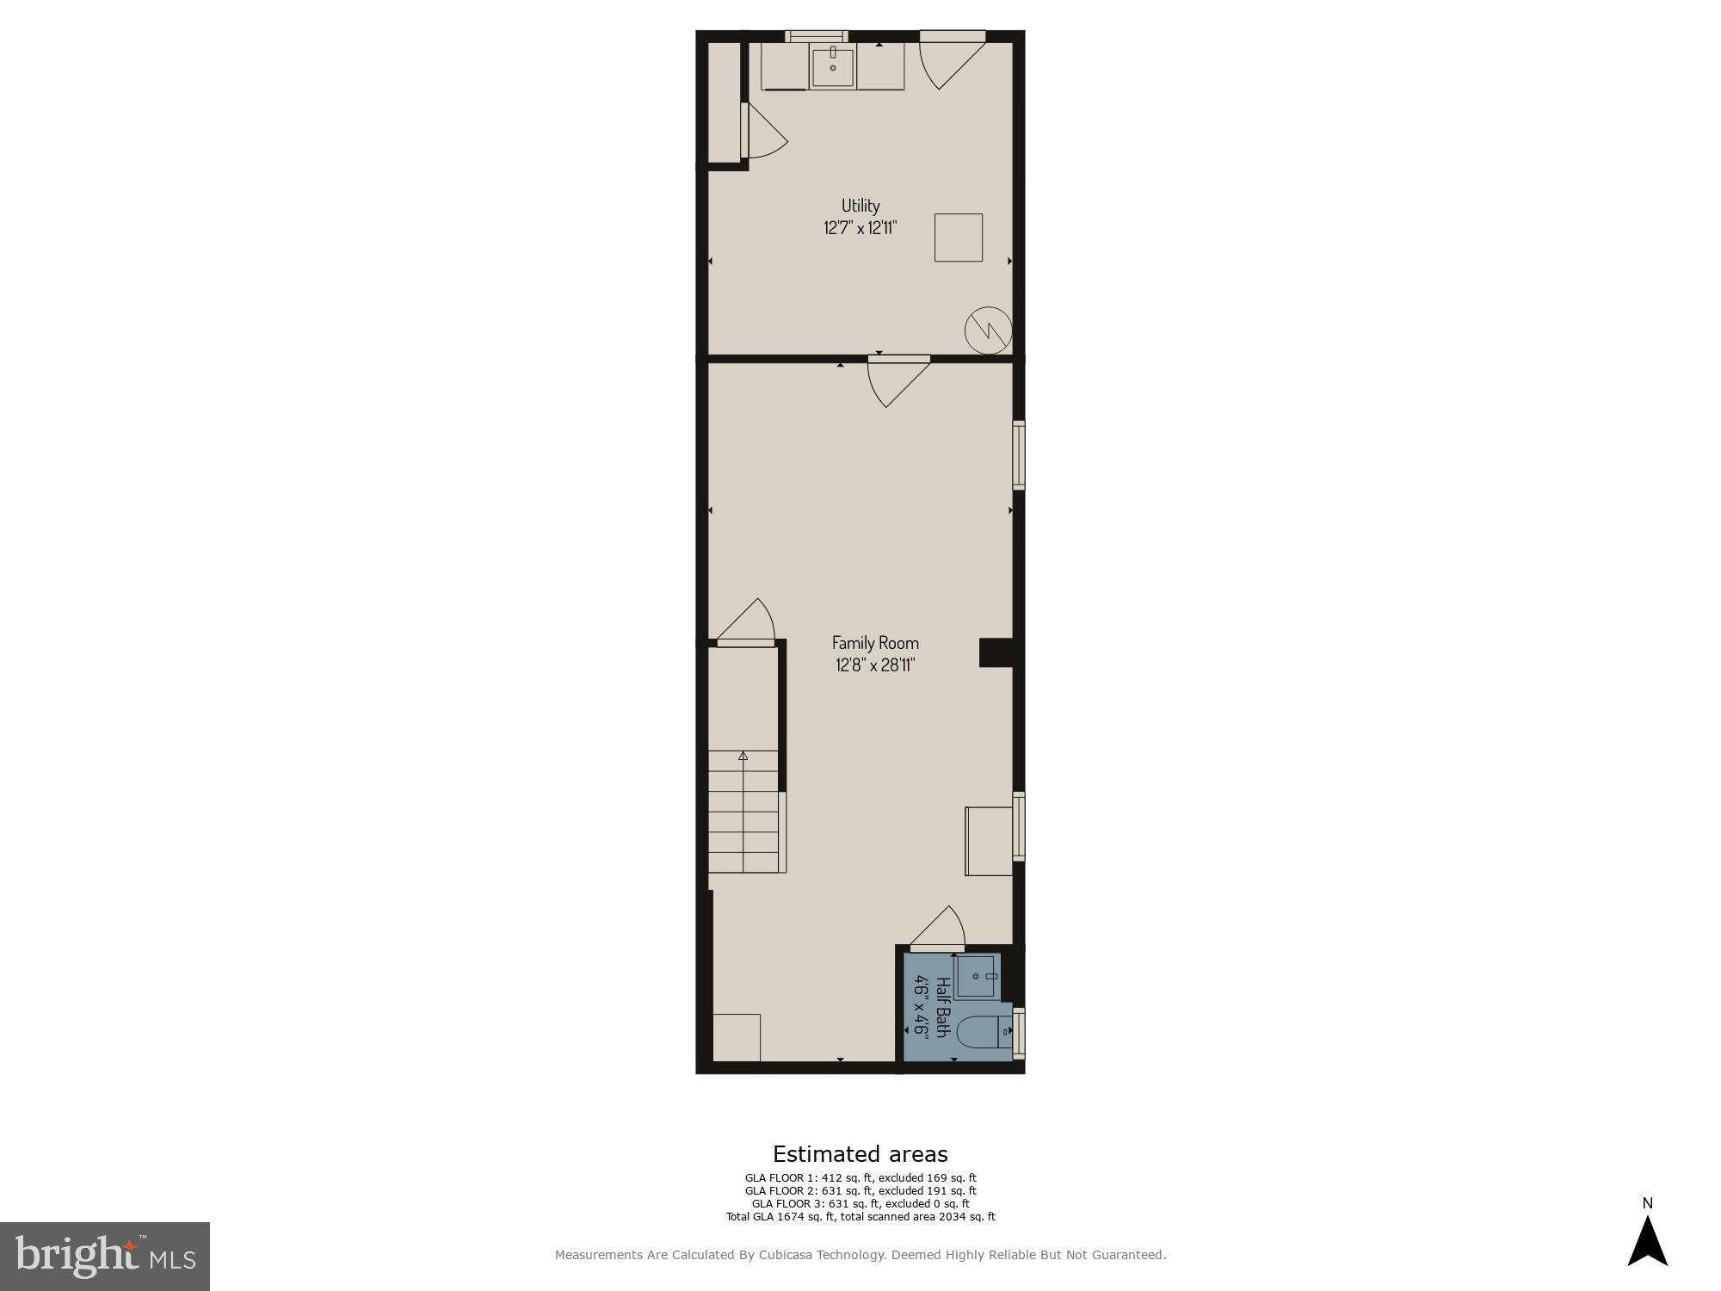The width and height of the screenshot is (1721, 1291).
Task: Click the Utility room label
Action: pos(860,206)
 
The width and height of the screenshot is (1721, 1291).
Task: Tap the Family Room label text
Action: pos(874,643)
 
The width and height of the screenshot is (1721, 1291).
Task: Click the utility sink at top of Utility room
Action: pos(833,68)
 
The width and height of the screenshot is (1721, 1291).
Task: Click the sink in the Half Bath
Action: pos(976,977)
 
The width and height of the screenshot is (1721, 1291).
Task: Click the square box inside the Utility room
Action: pos(959,238)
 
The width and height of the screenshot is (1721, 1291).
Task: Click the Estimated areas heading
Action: pos(860,1154)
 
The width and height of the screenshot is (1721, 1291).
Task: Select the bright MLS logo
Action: pos(105,1257)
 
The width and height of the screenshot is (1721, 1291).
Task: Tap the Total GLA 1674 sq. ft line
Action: pos(860,1217)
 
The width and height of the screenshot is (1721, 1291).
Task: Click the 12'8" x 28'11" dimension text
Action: pos(874,665)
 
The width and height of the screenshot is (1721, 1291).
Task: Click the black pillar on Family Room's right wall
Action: pos(996,652)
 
